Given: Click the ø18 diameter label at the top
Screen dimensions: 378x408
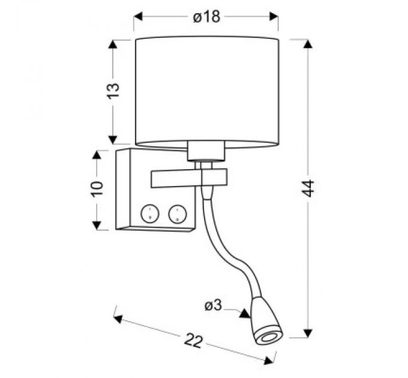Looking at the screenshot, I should [x=206, y=17].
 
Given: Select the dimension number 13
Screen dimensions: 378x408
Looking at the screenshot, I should [x=113, y=91].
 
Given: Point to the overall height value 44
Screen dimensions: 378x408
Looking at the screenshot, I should [x=307, y=189].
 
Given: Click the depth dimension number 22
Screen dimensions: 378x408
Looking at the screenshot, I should [x=193, y=341].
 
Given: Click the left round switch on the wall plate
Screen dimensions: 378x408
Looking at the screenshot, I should [x=148, y=212].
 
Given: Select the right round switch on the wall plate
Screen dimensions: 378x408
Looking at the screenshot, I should [x=178, y=212].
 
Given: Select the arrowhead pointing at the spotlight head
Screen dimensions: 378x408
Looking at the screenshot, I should [x=244, y=313].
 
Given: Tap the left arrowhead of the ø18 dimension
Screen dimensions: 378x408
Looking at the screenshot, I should [x=137, y=17].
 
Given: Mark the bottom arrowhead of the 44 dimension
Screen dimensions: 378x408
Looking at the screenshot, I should [x=307, y=331].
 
